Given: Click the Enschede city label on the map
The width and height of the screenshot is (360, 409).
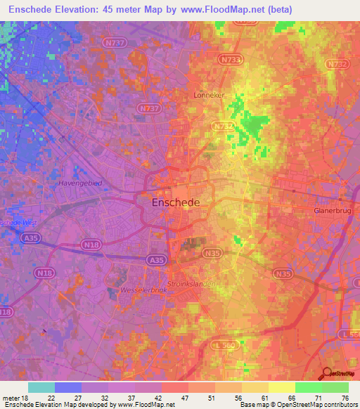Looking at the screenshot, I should click(176, 202).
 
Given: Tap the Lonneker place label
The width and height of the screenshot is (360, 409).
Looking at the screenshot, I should click(210, 93).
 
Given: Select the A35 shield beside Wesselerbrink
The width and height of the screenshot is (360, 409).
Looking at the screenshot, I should click(157, 259).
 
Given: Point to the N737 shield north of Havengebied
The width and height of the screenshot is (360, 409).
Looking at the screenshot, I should click(148, 109).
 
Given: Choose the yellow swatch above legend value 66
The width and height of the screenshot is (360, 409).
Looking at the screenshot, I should click(281, 387).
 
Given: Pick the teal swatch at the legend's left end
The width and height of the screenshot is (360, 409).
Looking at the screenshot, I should click(41, 387).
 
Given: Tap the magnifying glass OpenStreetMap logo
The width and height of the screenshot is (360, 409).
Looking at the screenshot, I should click(327, 373).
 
